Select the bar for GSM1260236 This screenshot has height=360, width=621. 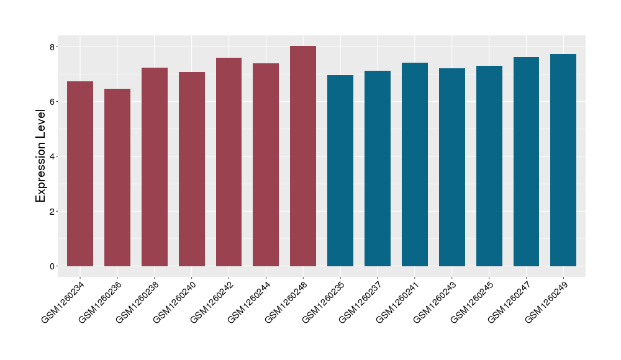117,178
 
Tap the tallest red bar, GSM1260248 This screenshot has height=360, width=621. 303,156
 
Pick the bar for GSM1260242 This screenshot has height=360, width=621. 229,162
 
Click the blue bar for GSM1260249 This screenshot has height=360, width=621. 563,160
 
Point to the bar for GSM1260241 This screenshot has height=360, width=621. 415,164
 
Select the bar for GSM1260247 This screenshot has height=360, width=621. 526,161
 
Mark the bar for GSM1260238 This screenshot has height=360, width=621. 155,167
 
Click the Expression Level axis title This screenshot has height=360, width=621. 41,156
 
